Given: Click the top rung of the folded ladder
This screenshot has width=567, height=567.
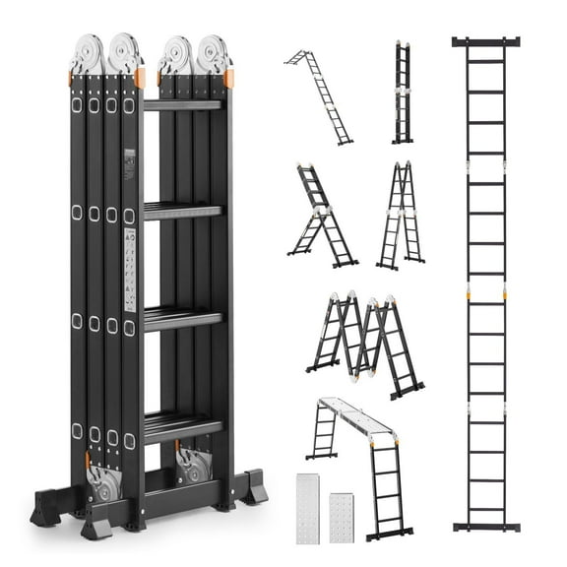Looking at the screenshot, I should [x=183, y=104].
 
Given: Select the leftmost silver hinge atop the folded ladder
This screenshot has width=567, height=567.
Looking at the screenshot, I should [x=88, y=54].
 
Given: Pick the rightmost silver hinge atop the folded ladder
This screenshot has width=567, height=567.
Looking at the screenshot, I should [x=213, y=54].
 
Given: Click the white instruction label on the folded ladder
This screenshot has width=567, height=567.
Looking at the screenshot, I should [x=129, y=265].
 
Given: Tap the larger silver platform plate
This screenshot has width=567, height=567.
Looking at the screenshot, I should [x=309, y=508].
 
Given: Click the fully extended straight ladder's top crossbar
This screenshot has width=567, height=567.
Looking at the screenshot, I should [x=485, y=42].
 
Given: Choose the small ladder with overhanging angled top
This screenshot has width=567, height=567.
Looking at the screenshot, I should [x=320, y=95].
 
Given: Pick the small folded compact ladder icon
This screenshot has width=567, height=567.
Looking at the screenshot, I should [x=402, y=93].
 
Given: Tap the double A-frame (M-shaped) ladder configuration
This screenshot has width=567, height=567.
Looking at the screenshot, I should [x=365, y=342].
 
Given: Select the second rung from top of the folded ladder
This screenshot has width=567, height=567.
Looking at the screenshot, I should [x=183, y=210].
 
